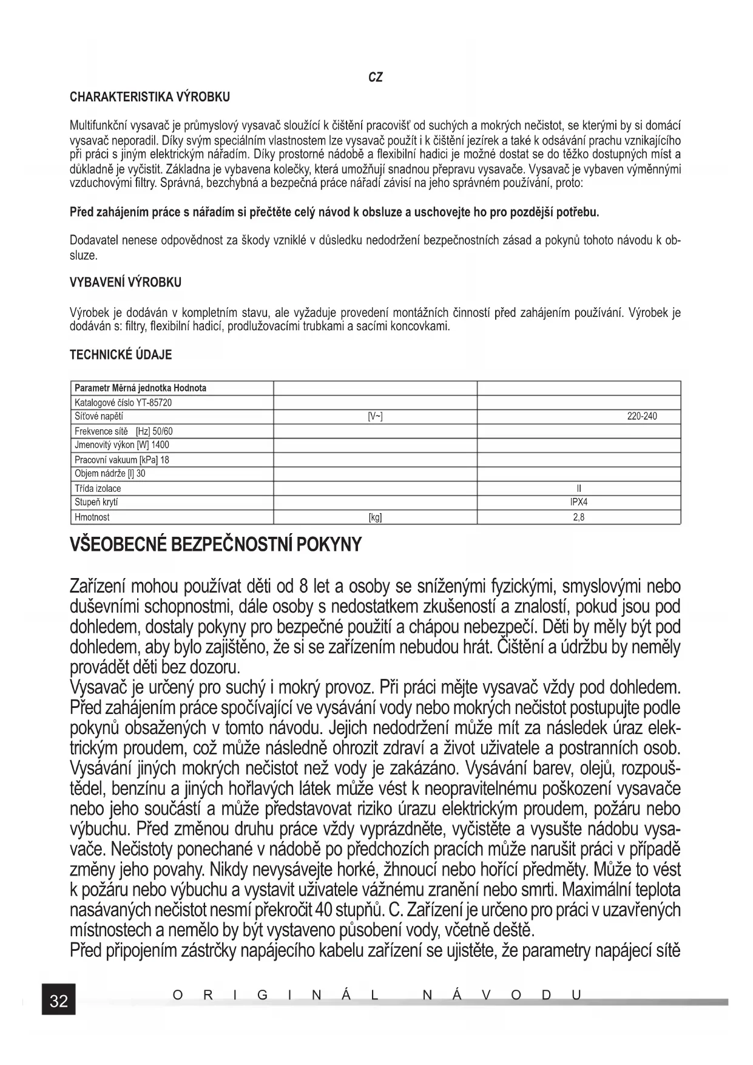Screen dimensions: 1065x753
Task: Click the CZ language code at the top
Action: tap(376, 78)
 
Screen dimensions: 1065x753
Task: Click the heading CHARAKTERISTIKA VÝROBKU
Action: tap(150, 97)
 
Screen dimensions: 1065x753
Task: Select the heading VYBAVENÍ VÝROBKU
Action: tap(126, 283)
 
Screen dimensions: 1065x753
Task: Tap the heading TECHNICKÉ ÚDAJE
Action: tap(121, 355)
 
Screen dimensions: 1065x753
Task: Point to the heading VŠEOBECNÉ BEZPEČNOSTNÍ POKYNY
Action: tap(215, 544)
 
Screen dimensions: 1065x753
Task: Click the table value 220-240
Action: tap(641, 417)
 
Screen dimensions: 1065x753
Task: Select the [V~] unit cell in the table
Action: tap(376, 417)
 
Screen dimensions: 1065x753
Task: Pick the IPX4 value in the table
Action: tap(579, 503)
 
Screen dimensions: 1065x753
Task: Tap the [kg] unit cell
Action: tap(376, 518)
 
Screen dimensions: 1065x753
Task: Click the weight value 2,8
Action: tap(579, 518)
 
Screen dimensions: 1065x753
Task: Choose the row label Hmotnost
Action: tap(92, 518)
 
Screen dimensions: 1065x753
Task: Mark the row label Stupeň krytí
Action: tap(96, 503)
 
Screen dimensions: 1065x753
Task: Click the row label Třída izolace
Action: tap(98, 489)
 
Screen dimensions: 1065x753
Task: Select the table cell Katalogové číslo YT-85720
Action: tap(119, 403)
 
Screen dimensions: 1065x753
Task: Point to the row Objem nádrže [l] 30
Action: tap(110, 474)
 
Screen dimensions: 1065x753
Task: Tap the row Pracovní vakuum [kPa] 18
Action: tap(122, 460)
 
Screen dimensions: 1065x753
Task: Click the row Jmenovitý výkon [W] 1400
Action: tap(122, 445)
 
